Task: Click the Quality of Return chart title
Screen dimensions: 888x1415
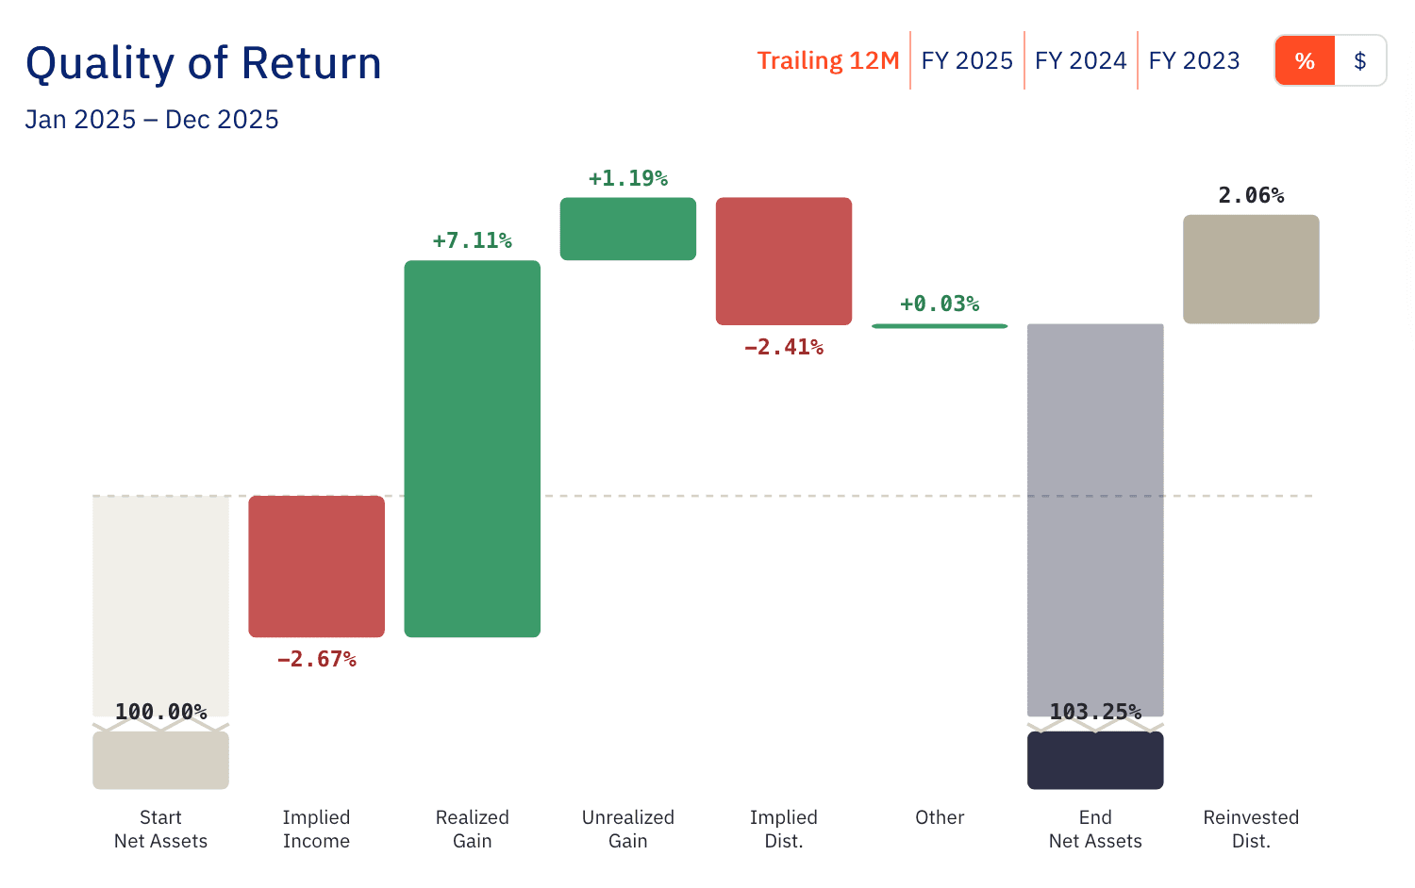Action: click(204, 64)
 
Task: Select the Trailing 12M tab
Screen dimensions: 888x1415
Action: click(827, 60)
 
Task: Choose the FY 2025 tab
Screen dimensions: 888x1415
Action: click(967, 60)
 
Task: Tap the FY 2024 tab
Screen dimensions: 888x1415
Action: click(1080, 60)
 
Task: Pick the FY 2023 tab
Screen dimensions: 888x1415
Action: click(1194, 60)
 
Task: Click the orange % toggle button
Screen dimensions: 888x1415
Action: click(1305, 61)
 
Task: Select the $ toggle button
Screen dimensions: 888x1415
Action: click(1359, 61)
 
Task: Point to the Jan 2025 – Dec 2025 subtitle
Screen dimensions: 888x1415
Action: click(152, 120)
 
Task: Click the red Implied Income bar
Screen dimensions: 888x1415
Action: click(316, 566)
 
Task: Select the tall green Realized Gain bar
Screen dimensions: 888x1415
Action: click(472, 449)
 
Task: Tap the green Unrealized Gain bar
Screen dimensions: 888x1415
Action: click(627, 228)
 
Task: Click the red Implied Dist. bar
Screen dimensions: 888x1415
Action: click(783, 261)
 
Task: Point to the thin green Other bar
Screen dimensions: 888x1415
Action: click(939, 326)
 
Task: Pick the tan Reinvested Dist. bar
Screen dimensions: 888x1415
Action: click(1251, 270)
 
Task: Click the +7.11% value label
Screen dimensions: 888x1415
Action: click(472, 240)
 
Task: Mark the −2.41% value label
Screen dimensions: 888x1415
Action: click(783, 347)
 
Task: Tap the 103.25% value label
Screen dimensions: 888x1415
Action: click(1095, 712)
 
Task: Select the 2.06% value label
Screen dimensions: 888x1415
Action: click(1251, 195)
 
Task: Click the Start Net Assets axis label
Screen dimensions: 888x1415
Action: click(160, 829)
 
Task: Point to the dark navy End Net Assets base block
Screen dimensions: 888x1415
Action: click(1095, 761)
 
